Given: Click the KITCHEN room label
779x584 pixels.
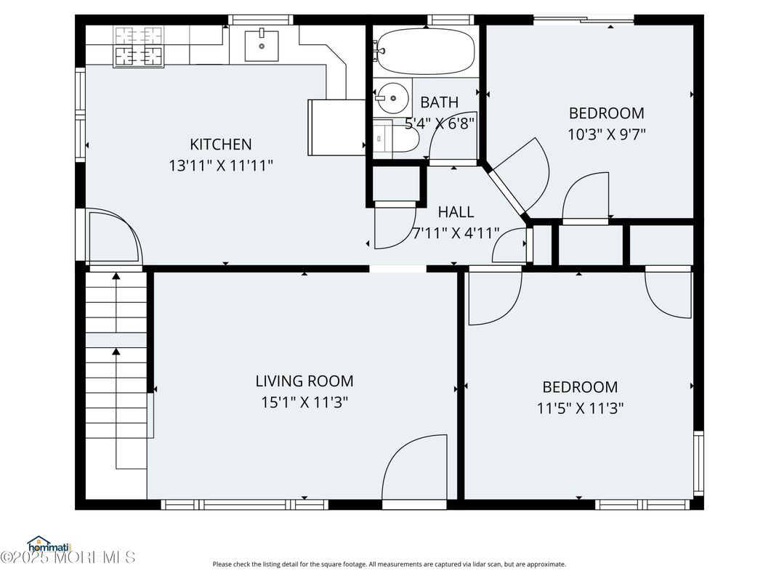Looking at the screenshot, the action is tap(221, 144).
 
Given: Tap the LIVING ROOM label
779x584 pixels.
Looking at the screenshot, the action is tap(304, 381).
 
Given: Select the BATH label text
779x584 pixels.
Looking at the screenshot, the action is tap(439, 102).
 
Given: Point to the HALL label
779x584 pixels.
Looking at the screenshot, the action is tap(456, 212).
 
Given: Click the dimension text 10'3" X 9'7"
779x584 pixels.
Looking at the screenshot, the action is tap(607, 134).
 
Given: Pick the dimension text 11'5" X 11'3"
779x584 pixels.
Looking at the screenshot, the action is tap(581, 408).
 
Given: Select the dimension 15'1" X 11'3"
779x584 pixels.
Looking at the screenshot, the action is tap(304, 402).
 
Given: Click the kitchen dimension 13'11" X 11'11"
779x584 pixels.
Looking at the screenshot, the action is tap(221, 166).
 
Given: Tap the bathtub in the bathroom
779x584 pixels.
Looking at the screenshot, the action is tap(424, 52).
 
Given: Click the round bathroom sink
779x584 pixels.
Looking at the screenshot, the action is tap(392, 98).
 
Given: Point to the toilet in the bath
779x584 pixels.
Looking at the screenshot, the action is tap(396, 139).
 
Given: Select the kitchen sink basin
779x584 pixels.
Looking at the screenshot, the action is tap(262, 46).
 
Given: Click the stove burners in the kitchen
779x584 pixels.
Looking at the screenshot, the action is tap(139, 46).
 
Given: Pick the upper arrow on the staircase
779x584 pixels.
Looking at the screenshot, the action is tap(116, 302).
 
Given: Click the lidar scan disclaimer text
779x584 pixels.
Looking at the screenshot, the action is tap(389, 564).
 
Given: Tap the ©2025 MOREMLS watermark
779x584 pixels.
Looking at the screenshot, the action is tap(68, 557).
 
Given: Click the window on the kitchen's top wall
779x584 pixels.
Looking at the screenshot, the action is tap(261, 20).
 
